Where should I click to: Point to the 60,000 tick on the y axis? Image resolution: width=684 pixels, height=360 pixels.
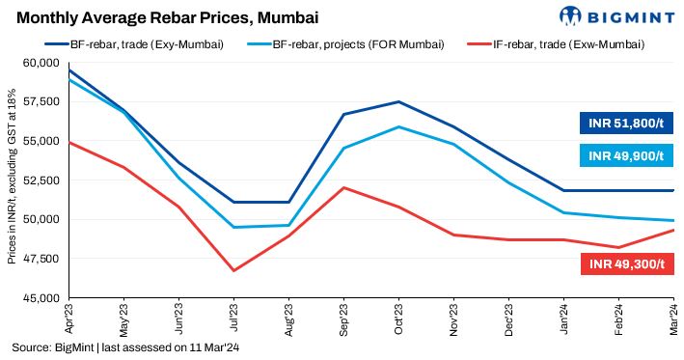coord(41,63)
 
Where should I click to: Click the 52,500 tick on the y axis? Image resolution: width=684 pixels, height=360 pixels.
coord(41,180)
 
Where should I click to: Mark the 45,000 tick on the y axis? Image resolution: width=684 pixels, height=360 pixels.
coord(41,297)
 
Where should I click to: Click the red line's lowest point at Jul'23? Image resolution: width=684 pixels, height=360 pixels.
coord(233,270)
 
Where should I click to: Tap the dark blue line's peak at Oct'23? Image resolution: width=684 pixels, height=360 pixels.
coord(399,101)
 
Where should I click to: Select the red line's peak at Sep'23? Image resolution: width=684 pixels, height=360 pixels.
coord(344,187)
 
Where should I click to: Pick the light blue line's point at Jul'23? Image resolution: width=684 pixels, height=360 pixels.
coord(233,227)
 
